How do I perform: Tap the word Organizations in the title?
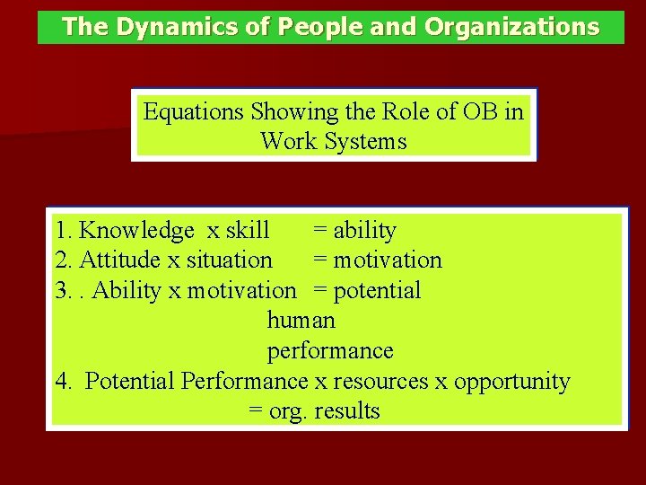pyautogui.click(x=511, y=28)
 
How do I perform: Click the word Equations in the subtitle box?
pyautogui.click(x=194, y=112)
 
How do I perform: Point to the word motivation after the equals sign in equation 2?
pyautogui.click(x=388, y=260)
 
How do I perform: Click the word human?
pyautogui.click(x=301, y=320)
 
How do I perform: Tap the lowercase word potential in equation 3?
pyautogui.click(x=377, y=290)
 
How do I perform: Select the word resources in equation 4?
pyautogui.click(x=380, y=381)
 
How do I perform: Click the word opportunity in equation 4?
pyautogui.click(x=511, y=381)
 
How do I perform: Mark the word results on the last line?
pyautogui.click(x=347, y=411)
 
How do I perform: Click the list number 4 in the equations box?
pyautogui.click(x=61, y=381)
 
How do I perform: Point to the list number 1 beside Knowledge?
pyautogui.click(x=60, y=231)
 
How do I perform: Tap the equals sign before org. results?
pyautogui.click(x=255, y=412)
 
